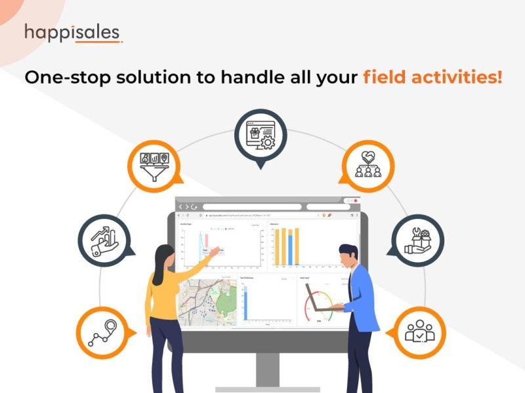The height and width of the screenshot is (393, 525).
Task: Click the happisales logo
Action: click(73, 33)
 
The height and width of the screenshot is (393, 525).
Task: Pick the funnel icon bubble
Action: click(155, 163)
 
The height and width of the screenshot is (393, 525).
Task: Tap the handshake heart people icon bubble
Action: click(368, 164)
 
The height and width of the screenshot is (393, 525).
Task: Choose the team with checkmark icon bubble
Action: click(419, 331)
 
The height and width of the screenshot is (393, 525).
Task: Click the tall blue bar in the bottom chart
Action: click(245, 305)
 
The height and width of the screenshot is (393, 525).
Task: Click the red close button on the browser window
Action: click(355, 201)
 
